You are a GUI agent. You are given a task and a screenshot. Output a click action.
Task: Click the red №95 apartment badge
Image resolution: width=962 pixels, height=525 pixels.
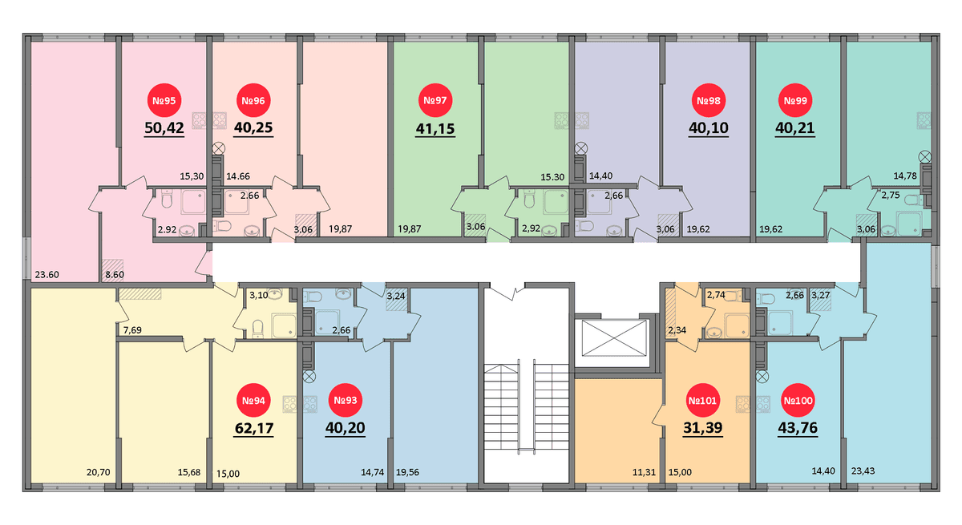pyautogui.click(x=164, y=100)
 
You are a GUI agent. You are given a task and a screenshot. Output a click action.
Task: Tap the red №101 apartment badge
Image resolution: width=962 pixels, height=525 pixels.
pyautogui.click(x=702, y=401)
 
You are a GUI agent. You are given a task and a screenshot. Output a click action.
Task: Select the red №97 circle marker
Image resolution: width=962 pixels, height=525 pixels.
pyautogui.click(x=435, y=100)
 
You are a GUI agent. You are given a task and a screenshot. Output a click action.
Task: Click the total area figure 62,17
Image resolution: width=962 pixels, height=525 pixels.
pyautogui.click(x=254, y=428)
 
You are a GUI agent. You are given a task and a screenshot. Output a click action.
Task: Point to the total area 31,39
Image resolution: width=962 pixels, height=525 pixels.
pyautogui.click(x=702, y=428)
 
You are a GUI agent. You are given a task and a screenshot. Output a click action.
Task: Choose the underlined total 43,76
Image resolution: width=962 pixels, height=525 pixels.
pyautogui.click(x=798, y=428)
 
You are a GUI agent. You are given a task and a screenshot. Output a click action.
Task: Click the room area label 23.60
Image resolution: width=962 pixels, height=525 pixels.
pyautogui.click(x=46, y=275)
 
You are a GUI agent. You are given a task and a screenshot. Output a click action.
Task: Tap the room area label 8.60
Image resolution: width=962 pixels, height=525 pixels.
pyautogui.click(x=115, y=275)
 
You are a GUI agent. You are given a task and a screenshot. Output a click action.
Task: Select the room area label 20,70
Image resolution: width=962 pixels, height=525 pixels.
pyautogui.click(x=99, y=473)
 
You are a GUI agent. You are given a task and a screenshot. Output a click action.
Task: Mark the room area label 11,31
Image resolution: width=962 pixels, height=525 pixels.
pyautogui.click(x=644, y=473)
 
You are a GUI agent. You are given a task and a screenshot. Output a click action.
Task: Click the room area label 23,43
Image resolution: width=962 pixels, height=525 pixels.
pyautogui.click(x=863, y=471)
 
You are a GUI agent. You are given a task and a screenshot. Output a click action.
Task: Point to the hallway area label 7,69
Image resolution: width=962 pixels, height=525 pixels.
pyautogui.click(x=132, y=330)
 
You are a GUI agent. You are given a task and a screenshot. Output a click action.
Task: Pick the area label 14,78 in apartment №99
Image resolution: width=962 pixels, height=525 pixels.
pyautogui.click(x=905, y=176)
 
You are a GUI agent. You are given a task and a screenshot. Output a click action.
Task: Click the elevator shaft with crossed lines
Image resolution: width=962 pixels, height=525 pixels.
pyautogui.click(x=614, y=338)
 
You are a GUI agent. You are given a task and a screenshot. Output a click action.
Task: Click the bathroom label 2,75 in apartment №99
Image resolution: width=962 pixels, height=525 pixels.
pyautogui.click(x=891, y=196)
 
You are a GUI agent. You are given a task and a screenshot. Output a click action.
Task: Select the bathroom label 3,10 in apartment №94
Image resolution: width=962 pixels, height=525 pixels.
pyautogui.click(x=258, y=295)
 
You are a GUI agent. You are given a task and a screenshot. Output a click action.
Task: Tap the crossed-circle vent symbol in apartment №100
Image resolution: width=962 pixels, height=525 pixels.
pyautogui.click(x=762, y=377)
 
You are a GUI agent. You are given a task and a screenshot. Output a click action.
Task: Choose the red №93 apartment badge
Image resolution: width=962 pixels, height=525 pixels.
pyautogui.click(x=346, y=401)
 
